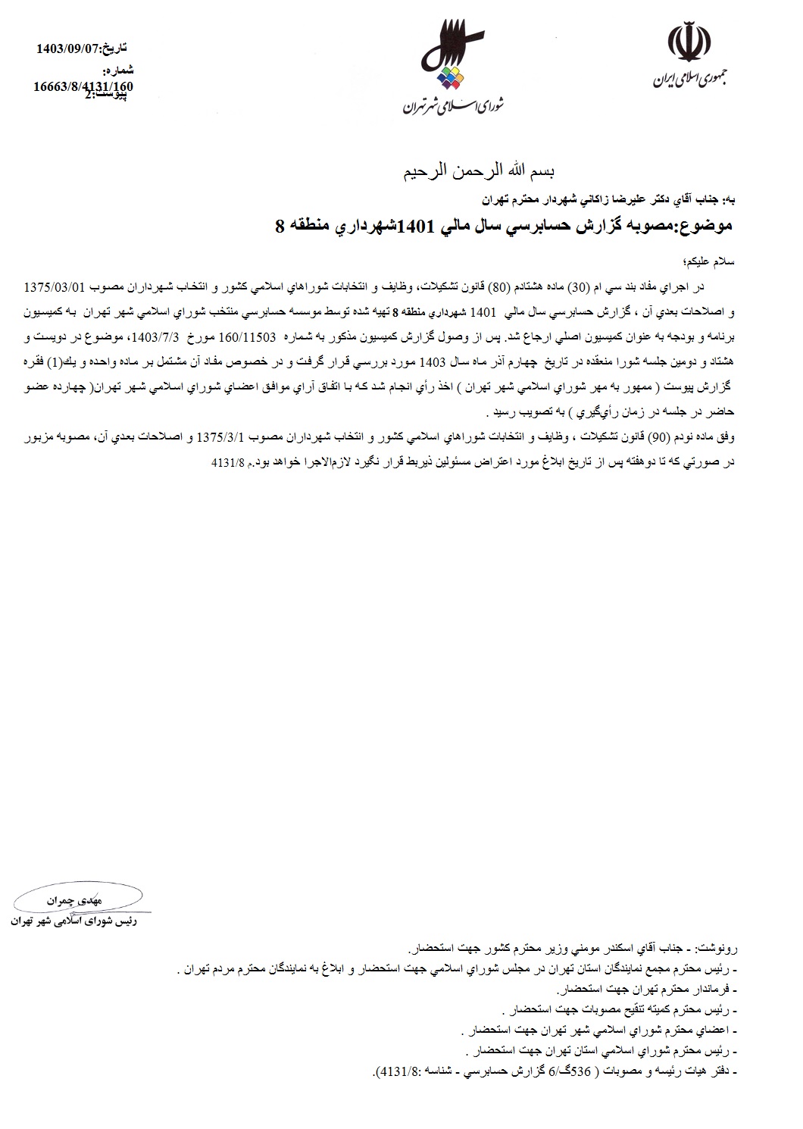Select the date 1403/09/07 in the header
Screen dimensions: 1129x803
(67, 50)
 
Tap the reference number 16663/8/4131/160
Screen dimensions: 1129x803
(83, 86)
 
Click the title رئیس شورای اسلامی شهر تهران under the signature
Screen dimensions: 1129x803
(73, 922)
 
